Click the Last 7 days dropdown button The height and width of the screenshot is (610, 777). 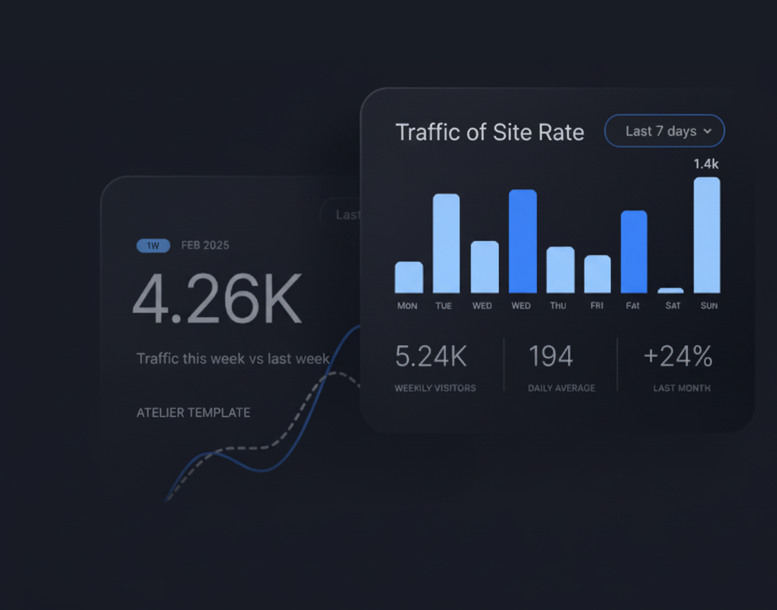663,131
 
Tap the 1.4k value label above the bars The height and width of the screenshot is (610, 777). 706,164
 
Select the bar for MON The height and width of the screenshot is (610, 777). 409,277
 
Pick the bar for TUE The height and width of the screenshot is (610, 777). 446,244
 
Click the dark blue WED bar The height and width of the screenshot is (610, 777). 522,241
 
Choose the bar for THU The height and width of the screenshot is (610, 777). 560,270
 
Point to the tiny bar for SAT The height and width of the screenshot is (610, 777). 670,290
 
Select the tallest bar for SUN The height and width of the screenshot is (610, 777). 706,235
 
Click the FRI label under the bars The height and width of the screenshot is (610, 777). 597,306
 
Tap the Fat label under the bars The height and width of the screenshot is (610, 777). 633,306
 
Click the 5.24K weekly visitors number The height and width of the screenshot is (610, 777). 430,357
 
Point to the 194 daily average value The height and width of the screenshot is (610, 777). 550,357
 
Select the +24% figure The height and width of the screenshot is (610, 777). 677,357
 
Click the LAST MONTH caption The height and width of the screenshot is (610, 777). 682,388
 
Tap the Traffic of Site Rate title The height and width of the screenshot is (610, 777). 490,132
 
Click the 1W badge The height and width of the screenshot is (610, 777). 153,246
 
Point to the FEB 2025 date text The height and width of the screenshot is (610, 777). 205,246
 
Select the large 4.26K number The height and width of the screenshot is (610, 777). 217,299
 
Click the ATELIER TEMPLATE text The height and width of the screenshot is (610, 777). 193,412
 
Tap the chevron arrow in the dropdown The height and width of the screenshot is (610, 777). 708,131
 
